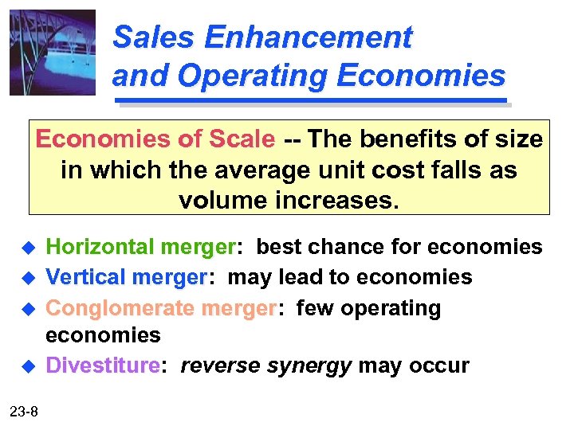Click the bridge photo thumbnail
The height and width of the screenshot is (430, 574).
coord(53,53)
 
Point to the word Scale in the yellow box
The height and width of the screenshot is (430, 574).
coord(242,139)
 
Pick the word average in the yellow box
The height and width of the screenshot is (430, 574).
coord(254,170)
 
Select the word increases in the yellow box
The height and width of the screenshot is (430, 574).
coord(335,200)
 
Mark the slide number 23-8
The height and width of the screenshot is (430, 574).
coord(29,411)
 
